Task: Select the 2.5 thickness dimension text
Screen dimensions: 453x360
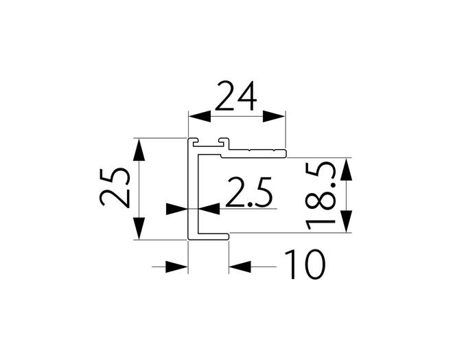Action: coord(249,192)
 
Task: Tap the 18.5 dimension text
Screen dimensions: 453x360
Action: coord(321,196)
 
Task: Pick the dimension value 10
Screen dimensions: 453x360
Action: coord(305,265)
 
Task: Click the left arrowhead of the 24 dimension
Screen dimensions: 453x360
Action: coord(200,116)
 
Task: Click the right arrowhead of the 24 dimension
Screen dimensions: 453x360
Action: coord(274,116)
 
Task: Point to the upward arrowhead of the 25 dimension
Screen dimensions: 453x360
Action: coord(139,149)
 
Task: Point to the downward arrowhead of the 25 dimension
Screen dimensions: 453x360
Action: coord(139,229)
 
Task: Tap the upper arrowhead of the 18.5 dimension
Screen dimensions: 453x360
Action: coord(346,169)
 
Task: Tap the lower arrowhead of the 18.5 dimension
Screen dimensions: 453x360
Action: coord(346,221)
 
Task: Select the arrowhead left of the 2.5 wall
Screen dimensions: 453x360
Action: coord(177,209)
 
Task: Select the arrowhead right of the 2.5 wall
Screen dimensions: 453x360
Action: coord(209,209)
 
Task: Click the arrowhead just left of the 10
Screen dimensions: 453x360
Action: coord(240,267)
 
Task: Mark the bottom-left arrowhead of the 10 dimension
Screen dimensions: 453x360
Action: coord(177,267)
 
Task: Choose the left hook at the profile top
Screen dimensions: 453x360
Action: coord(194,142)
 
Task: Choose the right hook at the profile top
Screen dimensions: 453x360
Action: coord(223,142)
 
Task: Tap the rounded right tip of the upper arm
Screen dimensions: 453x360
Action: coord(284,154)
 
